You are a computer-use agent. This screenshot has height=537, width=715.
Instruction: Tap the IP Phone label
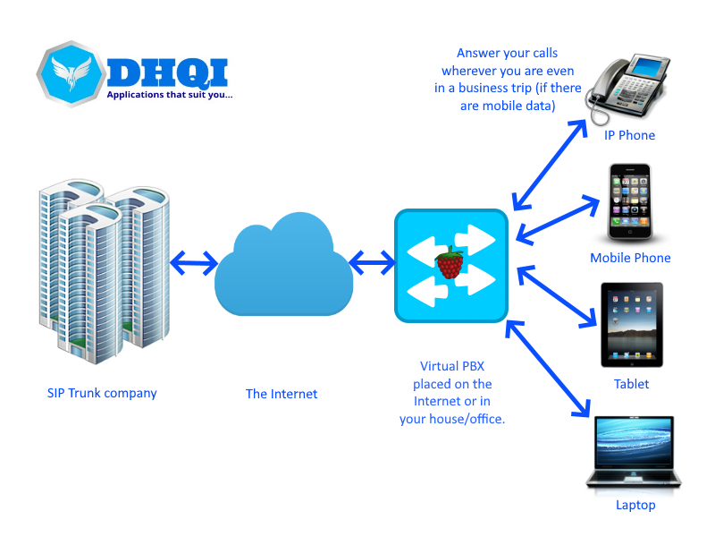click(629, 136)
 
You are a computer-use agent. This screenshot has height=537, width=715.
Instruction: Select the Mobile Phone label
click(630, 259)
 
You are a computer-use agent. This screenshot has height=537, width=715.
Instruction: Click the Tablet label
click(631, 384)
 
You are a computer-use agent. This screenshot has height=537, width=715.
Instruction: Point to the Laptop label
click(635, 505)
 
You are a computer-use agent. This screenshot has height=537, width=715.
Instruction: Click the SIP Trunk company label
click(102, 393)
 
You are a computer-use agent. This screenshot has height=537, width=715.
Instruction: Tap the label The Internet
click(282, 394)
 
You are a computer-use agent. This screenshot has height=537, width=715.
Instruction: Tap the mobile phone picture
click(631, 202)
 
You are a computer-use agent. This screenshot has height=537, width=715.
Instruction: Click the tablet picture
click(632, 326)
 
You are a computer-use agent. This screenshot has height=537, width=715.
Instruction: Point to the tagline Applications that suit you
click(170, 94)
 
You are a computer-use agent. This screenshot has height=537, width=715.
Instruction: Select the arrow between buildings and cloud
click(193, 263)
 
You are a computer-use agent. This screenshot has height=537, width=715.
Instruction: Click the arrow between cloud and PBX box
click(372, 263)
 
